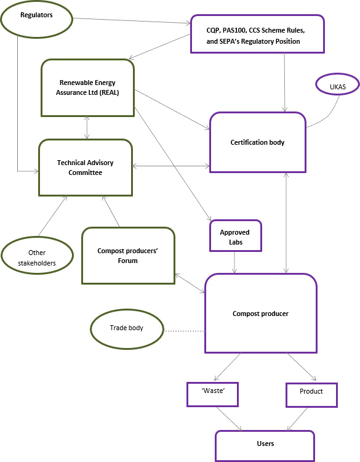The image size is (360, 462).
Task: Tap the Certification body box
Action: [257, 142]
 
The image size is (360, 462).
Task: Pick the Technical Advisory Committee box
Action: [85, 168]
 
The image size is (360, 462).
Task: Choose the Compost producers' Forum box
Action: [127, 256]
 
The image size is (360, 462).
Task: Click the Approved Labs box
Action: [236, 236]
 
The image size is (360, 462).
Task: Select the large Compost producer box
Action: [260, 314]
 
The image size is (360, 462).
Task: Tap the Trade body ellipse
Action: [127, 328]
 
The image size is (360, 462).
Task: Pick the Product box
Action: [311, 394]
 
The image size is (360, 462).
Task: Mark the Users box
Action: [265, 444]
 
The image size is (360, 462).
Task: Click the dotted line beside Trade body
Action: [184, 332]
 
